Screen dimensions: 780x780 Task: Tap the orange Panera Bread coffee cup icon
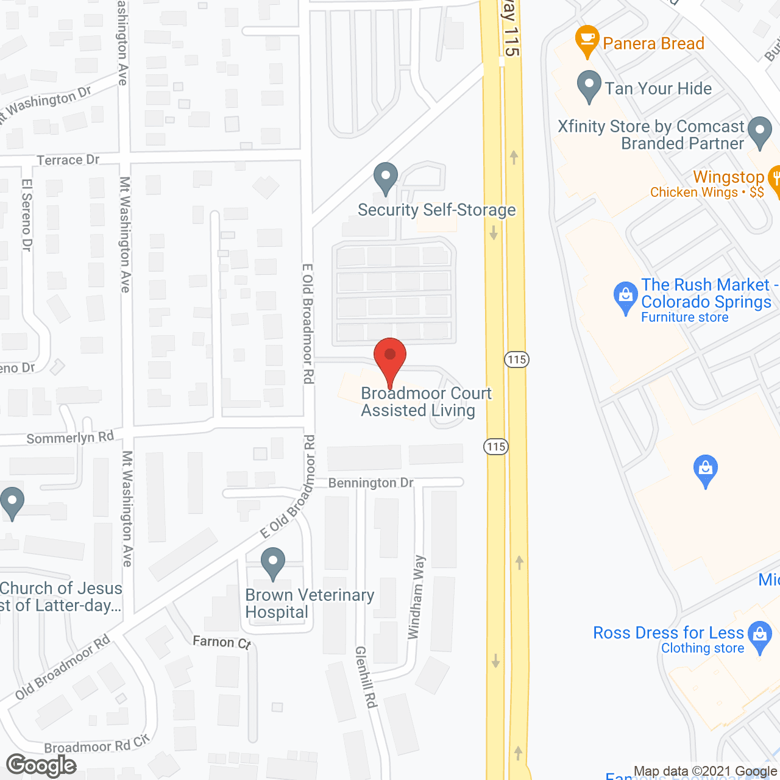(x=587, y=40)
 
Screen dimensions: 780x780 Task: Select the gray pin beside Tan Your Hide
(x=589, y=86)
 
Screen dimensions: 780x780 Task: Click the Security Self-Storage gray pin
(x=385, y=177)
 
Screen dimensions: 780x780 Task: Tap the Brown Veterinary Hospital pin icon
(x=272, y=562)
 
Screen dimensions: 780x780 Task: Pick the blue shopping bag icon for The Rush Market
(x=625, y=297)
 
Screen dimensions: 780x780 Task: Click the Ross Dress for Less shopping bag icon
(x=760, y=636)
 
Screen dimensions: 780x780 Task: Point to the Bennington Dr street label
(x=370, y=483)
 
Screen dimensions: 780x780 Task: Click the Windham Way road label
(x=416, y=597)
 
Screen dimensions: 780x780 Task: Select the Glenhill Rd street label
(x=366, y=676)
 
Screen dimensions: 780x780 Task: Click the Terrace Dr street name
(x=68, y=160)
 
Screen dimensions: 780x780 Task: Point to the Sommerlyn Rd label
(x=70, y=438)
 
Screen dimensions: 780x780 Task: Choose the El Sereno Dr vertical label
(x=26, y=214)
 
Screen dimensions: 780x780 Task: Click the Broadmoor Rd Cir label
(x=96, y=745)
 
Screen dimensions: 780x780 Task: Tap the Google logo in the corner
(x=41, y=765)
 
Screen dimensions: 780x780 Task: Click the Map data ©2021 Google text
(x=706, y=771)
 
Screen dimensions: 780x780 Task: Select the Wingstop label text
(x=728, y=177)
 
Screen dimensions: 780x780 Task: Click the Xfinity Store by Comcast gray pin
(x=759, y=132)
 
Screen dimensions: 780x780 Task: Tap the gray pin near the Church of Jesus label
(x=12, y=503)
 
